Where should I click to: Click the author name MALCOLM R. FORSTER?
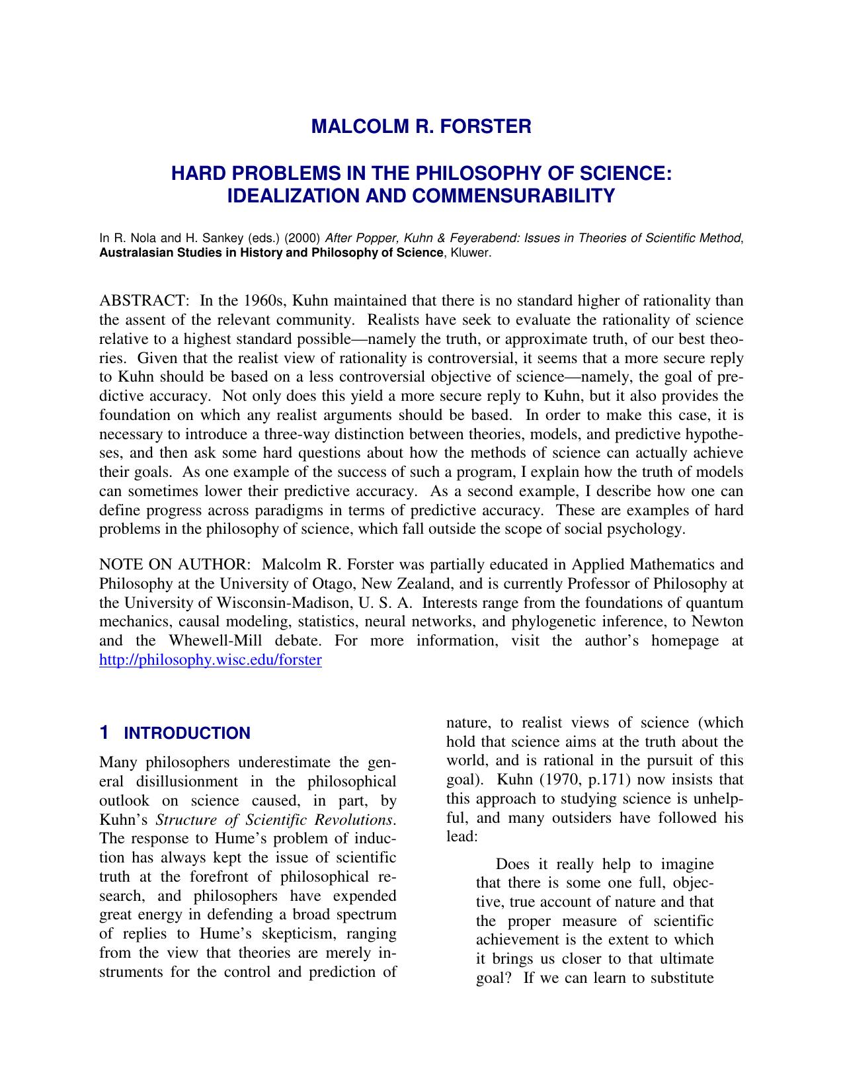coord(421,126)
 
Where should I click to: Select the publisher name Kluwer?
coord(470,253)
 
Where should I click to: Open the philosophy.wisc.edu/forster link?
coord(210,660)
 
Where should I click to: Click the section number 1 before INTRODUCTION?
coord(104,733)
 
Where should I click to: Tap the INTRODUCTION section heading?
coord(187,734)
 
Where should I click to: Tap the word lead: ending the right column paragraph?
coord(462,837)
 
